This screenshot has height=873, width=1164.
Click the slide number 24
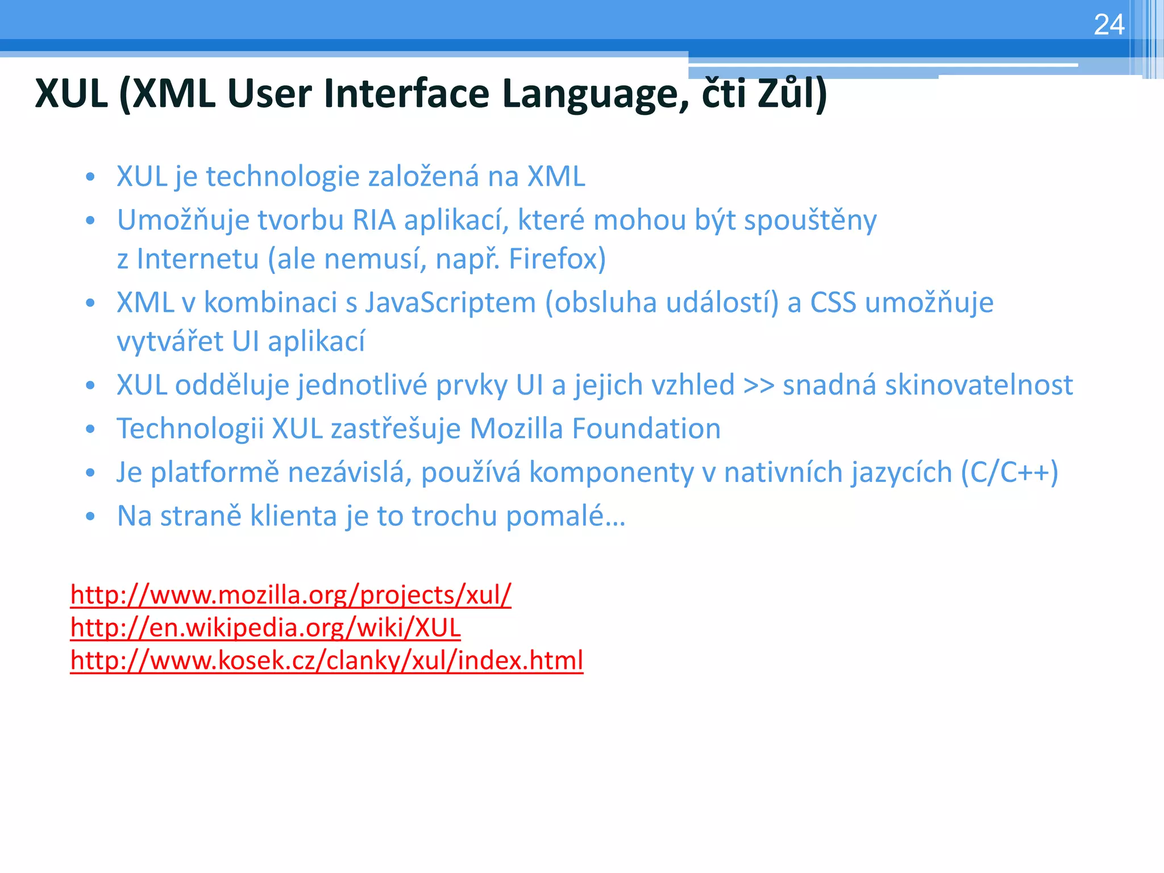coord(1109,25)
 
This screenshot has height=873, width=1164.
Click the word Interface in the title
coord(406,94)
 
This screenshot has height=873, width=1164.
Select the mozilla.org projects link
coord(290,595)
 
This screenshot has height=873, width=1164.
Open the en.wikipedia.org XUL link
coord(265,628)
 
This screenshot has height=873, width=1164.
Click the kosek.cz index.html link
coord(327,660)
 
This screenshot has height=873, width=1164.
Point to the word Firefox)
coord(557,259)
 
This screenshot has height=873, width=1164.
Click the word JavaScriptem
coord(450,302)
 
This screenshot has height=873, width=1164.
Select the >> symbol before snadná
coord(759,385)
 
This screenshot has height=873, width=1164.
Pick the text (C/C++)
coord(1009,472)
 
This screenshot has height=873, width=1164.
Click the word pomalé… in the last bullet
coord(566,516)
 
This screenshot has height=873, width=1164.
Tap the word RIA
coord(374,220)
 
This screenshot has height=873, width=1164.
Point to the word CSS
coord(833,302)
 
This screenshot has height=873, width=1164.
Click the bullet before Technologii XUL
coord(90,430)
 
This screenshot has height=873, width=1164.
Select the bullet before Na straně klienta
coord(90,517)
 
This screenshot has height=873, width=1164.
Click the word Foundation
coord(646,429)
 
